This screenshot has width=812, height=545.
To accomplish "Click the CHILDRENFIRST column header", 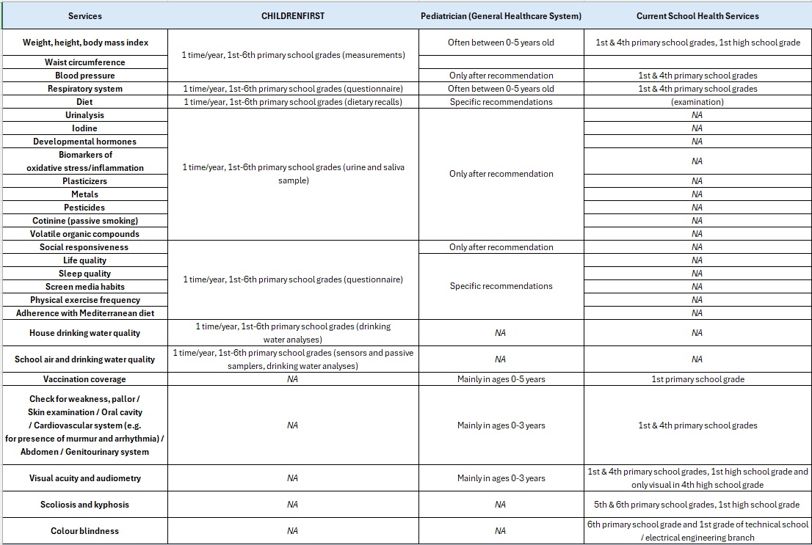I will click(x=292, y=15).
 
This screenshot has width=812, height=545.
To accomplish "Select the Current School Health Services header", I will click(x=697, y=15).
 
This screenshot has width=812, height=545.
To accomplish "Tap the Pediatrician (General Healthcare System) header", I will click(x=501, y=15).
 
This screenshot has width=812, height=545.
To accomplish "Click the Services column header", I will click(x=85, y=15).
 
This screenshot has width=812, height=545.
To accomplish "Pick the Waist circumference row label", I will click(x=85, y=62).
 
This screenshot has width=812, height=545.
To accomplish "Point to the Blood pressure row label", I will click(x=85, y=76).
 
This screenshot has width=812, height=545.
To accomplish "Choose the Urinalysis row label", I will click(x=85, y=115).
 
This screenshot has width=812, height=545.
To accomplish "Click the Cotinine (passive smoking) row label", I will click(x=85, y=221).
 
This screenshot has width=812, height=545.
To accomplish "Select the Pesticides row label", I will click(x=85, y=208).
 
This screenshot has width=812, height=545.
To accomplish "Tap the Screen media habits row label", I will click(x=85, y=287).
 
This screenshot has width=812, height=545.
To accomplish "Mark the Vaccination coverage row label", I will click(x=85, y=379).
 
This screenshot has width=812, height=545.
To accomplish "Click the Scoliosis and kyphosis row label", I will click(x=85, y=505).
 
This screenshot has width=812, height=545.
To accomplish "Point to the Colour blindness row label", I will click(x=85, y=531).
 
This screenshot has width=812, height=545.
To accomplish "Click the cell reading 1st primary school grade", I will click(x=697, y=379).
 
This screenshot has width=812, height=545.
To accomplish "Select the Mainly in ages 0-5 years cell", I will click(x=501, y=379).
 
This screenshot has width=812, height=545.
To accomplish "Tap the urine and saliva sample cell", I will click(x=293, y=174).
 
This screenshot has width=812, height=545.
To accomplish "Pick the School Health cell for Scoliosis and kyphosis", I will click(x=697, y=505).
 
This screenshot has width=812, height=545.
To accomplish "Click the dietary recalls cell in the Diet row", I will click(x=293, y=102).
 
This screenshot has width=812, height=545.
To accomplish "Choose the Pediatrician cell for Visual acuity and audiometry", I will click(x=501, y=478).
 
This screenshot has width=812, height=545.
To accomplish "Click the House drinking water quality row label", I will click(x=85, y=333).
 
